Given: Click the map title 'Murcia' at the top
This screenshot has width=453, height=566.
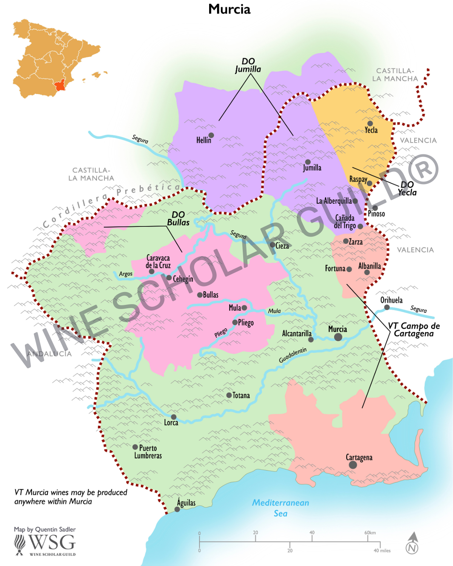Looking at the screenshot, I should pyautogui.click(x=229, y=9).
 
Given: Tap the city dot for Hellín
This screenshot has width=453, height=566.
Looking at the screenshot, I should pyautogui.click(x=211, y=135).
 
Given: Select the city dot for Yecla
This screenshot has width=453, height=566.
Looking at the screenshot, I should pyautogui.click(x=370, y=123).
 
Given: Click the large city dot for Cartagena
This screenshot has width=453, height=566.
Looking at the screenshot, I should pyautogui.click(x=353, y=465).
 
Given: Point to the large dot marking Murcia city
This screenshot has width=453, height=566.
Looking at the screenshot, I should pyautogui.click(x=338, y=337).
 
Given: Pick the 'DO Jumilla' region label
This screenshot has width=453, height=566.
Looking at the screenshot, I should pyautogui.click(x=248, y=65).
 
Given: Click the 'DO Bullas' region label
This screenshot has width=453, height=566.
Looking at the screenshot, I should pyautogui.click(x=178, y=218).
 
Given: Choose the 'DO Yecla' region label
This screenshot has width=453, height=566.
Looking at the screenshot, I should pyautogui.click(x=407, y=188).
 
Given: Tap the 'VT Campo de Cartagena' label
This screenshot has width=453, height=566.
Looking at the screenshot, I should pyautogui.click(x=414, y=329).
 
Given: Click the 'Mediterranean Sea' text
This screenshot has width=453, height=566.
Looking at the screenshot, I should pyautogui.click(x=280, y=508).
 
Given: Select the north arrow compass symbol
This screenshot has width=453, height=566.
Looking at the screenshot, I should pyautogui.click(x=412, y=543).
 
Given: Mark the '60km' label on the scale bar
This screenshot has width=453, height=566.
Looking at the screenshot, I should pyautogui.click(x=370, y=532).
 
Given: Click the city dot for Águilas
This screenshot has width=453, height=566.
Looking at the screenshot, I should pyautogui.click(x=177, y=509).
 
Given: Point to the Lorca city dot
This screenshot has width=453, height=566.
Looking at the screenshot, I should pyautogui.click(x=174, y=417).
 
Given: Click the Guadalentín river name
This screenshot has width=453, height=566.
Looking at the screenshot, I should pyautogui.click(x=293, y=355).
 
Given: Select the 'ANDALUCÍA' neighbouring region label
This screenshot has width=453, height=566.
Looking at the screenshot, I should pyautogui.click(x=49, y=354).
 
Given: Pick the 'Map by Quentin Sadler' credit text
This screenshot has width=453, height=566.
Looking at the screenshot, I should pyautogui.click(x=45, y=529).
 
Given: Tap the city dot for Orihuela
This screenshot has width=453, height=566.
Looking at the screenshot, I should pyautogui.click(x=387, y=308).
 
